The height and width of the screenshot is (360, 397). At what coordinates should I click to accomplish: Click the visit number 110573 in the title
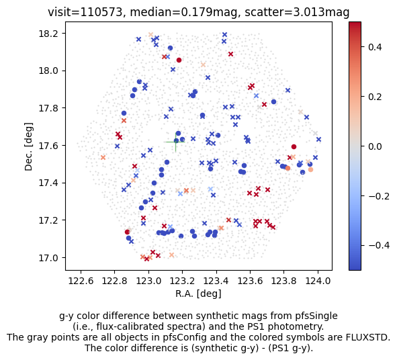click(101, 12)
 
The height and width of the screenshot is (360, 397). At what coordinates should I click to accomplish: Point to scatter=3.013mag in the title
click(297, 12)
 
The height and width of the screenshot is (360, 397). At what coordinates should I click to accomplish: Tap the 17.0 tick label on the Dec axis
click(48, 258)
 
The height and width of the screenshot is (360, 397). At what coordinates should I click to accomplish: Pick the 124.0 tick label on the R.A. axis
click(318, 281)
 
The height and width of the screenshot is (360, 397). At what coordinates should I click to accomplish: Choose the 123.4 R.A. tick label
click(216, 281)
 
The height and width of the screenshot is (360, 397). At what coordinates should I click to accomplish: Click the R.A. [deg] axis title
click(199, 294)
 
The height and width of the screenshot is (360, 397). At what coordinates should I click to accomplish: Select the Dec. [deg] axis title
click(29, 146)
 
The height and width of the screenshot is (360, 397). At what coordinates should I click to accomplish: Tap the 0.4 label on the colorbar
click(375, 47)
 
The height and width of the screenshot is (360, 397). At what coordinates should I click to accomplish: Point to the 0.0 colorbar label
click(375, 146)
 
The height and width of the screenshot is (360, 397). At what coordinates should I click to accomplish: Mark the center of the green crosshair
click(176, 142)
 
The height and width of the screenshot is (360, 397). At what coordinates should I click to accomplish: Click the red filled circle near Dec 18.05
click(179, 60)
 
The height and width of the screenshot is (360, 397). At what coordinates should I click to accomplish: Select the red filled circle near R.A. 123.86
click(294, 147)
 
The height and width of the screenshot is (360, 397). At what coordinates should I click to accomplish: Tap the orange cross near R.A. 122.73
click(103, 157)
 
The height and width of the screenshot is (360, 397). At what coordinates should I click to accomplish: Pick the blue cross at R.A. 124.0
click(319, 139)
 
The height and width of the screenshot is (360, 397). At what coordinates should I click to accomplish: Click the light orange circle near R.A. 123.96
click(310, 170)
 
